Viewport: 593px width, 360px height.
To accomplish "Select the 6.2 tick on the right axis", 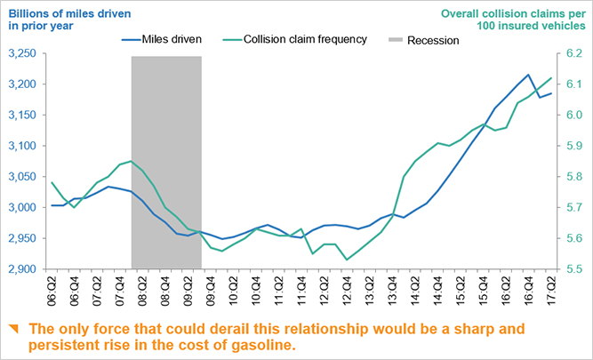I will pyautogui.click(x=573, y=54).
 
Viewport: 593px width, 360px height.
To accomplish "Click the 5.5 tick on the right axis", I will pyautogui.click(x=573, y=269).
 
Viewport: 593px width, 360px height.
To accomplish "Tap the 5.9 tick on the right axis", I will pyautogui.click(x=573, y=147).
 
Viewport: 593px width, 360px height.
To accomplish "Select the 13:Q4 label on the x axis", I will pyautogui.click(x=394, y=289).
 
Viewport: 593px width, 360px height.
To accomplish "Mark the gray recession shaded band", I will pyautogui.click(x=166, y=160).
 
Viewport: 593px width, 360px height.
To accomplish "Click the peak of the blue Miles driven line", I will pyautogui.click(x=529, y=75).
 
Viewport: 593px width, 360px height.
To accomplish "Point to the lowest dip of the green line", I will pyautogui.click(x=347, y=260).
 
